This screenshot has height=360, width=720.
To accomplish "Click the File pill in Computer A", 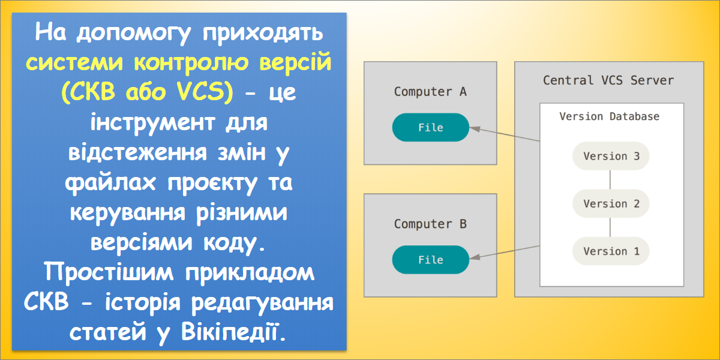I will tap(430, 127).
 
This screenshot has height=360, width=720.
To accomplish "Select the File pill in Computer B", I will tap(430, 260).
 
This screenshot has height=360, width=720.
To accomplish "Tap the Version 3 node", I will tap(611, 156).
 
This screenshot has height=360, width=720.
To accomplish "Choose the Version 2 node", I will tap(611, 203).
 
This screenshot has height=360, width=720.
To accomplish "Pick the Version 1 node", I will tap(611, 251).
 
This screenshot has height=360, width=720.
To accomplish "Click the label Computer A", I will tap(430, 92).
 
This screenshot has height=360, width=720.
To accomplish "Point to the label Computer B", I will tap(430, 224).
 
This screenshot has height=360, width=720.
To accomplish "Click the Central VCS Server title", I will tap(608, 80).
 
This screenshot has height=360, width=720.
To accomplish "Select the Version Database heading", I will tap(609, 116).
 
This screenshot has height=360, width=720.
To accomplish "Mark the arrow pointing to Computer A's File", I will tap(504, 134).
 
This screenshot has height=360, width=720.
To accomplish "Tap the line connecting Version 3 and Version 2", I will tap(610, 180).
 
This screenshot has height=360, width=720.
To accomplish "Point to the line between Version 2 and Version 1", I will tap(610, 227).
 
